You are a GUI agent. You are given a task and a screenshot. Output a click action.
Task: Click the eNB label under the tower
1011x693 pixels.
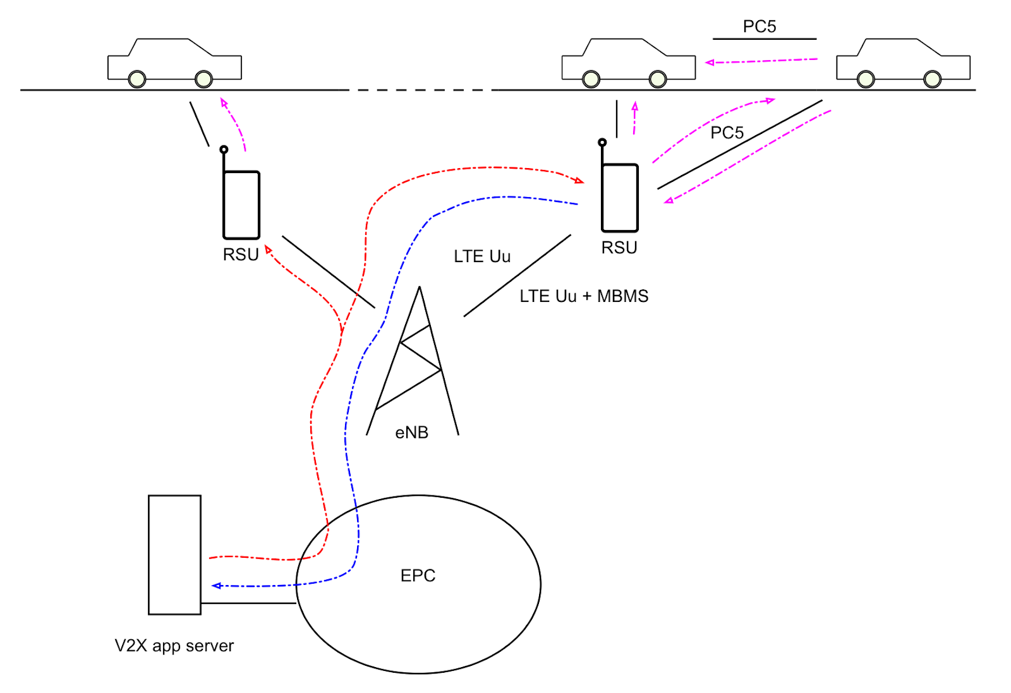[x=411, y=433]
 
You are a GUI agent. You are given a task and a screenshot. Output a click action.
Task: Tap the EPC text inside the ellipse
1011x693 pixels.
[x=418, y=575]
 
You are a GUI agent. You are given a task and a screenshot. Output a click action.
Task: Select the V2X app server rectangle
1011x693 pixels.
[x=174, y=555]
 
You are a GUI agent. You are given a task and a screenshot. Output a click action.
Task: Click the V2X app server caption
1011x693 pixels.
[x=174, y=646]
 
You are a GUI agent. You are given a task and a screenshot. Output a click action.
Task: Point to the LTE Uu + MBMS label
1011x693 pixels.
[x=583, y=296]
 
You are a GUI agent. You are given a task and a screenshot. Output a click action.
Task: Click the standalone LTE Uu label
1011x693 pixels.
[x=481, y=256]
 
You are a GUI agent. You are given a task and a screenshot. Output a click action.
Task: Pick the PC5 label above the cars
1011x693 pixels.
[x=759, y=27]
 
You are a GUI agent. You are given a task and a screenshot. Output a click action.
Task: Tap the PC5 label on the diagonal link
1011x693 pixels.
[x=727, y=133]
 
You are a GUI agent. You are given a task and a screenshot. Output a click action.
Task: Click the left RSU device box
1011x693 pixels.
[x=241, y=205]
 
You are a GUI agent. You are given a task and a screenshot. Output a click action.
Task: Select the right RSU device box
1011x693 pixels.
[x=620, y=198]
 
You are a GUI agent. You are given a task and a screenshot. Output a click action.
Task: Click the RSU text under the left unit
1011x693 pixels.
[x=241, y=255]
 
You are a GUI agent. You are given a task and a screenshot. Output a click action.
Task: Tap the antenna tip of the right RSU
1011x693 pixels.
[x=602, y=142]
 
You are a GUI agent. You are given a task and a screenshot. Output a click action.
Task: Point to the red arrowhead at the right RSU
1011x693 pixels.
[x=579, y=181]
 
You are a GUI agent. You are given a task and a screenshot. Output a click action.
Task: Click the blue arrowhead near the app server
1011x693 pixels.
[x=216, y=586]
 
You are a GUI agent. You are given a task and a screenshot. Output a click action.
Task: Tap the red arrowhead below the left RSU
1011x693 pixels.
[x=269, y=250]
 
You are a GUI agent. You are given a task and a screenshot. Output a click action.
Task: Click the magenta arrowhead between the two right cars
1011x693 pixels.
[x=710, y=63]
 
